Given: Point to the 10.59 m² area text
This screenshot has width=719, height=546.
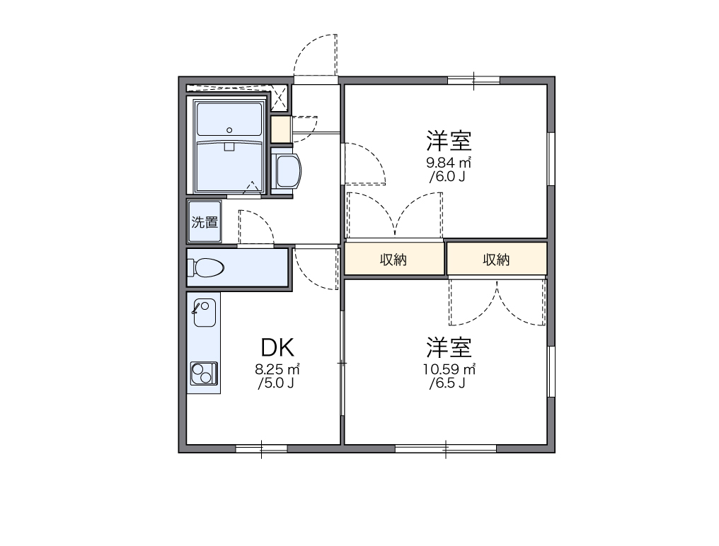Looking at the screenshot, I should coord(449,369).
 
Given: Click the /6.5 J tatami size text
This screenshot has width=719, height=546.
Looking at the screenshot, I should coord(447,384).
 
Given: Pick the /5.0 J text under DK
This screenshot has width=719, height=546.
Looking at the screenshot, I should coord(276,384).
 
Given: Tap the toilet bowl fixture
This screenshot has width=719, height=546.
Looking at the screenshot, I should coord(207,267).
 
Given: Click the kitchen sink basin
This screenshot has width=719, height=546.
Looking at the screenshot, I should coord(205,312).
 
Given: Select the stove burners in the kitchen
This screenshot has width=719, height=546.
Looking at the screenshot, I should coord(204,371).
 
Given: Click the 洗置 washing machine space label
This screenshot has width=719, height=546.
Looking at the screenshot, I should coord(205,221).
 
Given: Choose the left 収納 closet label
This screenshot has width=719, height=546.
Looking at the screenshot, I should coord(393,260).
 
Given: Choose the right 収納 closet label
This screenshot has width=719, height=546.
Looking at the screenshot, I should coord(496,260).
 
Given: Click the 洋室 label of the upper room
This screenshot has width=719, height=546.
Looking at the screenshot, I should coord(449,140).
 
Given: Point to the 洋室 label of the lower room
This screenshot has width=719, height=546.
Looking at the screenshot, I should coord(449,347).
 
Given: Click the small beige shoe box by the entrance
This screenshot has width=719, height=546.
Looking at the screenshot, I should coord(280,129).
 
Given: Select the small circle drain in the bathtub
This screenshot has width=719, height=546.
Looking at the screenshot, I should coord(229,129).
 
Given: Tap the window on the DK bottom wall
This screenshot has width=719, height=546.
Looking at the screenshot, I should coord(261,448).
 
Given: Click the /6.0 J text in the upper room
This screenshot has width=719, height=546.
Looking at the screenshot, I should coord(447,177).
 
